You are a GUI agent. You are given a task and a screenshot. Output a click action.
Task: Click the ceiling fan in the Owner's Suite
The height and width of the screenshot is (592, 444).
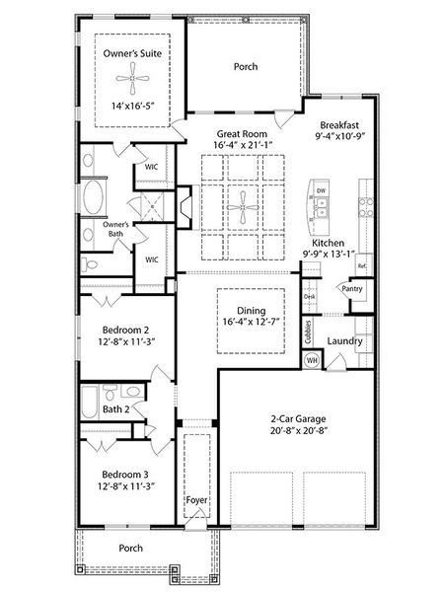132,79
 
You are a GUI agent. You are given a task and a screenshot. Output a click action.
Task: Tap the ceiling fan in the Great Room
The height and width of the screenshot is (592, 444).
243,207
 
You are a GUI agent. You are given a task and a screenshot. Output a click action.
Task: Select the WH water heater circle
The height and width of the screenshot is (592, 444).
312,360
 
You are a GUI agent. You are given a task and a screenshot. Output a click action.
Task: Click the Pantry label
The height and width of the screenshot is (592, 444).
352,289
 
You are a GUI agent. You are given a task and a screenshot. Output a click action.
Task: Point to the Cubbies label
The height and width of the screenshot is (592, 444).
309,332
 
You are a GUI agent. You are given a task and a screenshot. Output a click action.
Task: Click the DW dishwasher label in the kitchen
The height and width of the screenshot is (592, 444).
321,191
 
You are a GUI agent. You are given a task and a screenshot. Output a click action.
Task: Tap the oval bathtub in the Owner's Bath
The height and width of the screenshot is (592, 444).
93,197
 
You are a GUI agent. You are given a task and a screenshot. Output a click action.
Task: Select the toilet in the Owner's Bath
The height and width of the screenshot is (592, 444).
89,264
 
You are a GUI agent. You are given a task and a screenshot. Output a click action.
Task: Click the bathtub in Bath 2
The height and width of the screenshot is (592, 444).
90,402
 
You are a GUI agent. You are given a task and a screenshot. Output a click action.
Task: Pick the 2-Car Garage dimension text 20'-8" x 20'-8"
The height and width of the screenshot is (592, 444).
298,431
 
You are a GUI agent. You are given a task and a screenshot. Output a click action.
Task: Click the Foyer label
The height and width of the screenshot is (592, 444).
196,500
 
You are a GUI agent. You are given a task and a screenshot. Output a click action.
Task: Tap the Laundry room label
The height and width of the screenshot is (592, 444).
344,341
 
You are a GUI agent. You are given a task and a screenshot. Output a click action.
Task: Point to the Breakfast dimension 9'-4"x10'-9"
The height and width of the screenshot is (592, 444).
340,136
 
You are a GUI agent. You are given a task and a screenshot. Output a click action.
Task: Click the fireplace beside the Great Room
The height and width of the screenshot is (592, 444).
186,207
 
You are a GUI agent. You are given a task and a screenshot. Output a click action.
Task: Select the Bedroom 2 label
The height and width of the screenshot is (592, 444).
125,330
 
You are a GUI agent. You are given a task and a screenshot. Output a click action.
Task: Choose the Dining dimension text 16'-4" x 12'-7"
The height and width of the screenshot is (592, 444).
251,322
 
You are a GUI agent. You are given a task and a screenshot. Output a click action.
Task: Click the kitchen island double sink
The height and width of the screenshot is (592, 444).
322,207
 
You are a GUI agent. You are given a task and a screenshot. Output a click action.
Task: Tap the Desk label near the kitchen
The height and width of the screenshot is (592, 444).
309,297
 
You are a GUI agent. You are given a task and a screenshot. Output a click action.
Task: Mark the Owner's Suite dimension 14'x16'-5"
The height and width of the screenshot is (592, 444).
133,106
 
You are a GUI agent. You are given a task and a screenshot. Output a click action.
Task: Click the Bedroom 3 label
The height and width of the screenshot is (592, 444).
125,475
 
